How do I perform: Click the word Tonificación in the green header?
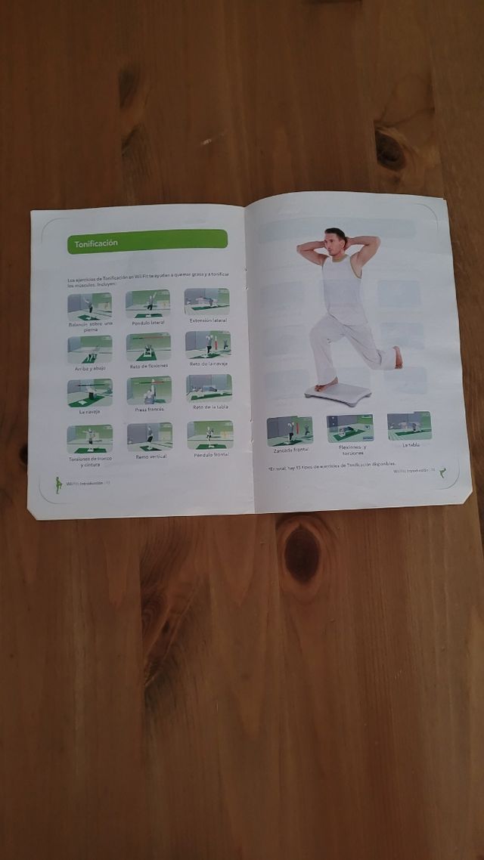(x=95, y=243)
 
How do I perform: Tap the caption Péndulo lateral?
(x=148, y=322)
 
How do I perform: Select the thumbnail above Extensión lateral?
(x=207, y=302)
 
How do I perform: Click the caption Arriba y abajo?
(x=90, y=368)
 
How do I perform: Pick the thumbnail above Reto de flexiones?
(x=148, y=347)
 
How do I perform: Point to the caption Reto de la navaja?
(x=209, y=363)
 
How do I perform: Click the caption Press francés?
(x=149, y=410)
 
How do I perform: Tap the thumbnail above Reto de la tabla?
(x=209, y=388)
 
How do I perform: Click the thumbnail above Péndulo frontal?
(x=209, y=435)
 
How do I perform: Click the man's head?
(x=335, y=240)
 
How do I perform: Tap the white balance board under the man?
(x=338, y=392)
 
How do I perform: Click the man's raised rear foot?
(x=398, y=357)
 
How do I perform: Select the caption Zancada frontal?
(x=290, y=450)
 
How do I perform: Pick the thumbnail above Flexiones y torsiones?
(x=350, y=428)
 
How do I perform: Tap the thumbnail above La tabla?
(x=409, y=426)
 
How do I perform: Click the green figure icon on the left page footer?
(x=58, y=484)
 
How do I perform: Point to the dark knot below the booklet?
(x=302, y=554)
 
